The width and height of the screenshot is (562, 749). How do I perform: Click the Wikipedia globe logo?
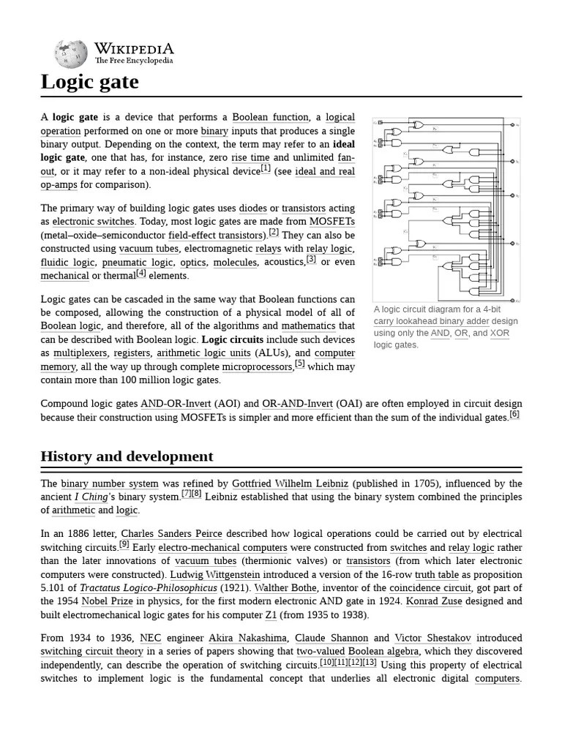71,53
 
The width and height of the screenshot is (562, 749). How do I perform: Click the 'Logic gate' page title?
89,82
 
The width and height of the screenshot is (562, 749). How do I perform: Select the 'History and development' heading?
127,456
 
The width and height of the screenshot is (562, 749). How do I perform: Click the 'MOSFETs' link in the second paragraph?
332,221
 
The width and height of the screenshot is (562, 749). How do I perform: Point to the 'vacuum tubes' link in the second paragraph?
149,248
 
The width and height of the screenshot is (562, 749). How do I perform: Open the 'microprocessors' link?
257,366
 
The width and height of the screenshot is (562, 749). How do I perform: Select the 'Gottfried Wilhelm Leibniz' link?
291,483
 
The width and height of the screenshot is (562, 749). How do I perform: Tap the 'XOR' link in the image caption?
500,333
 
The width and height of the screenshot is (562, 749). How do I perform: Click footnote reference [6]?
514,414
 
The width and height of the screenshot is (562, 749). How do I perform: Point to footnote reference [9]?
124,545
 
